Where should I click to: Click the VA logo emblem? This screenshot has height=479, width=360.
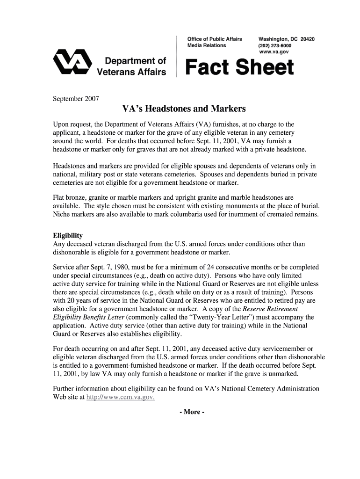[72, 63]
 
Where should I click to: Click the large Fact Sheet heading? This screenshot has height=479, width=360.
[240, 68]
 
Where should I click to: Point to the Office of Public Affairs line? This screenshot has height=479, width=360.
[215, 39]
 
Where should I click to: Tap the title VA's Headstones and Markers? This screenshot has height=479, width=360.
[184, 109]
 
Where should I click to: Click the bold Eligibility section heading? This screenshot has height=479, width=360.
[68, 235]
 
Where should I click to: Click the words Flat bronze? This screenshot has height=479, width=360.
[71, 197]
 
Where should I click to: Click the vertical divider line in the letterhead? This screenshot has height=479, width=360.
[177, 56]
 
